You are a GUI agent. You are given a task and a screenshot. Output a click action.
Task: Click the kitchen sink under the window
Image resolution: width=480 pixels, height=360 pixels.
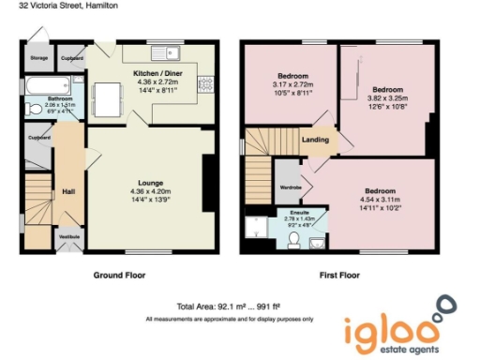[171, 51]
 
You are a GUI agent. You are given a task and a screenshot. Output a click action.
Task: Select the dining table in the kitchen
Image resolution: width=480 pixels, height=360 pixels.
[110, 96]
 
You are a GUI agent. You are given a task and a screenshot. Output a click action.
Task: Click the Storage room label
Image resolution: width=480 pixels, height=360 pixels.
[38, 58]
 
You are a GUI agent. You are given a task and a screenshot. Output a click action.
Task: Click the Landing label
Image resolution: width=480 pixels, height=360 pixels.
[315, 141]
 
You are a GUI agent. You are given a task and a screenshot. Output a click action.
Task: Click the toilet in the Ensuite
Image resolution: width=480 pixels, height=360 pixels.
[294, 242]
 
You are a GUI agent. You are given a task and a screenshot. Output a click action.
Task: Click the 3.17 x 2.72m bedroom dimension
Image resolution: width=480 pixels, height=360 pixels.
[292, 83]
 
